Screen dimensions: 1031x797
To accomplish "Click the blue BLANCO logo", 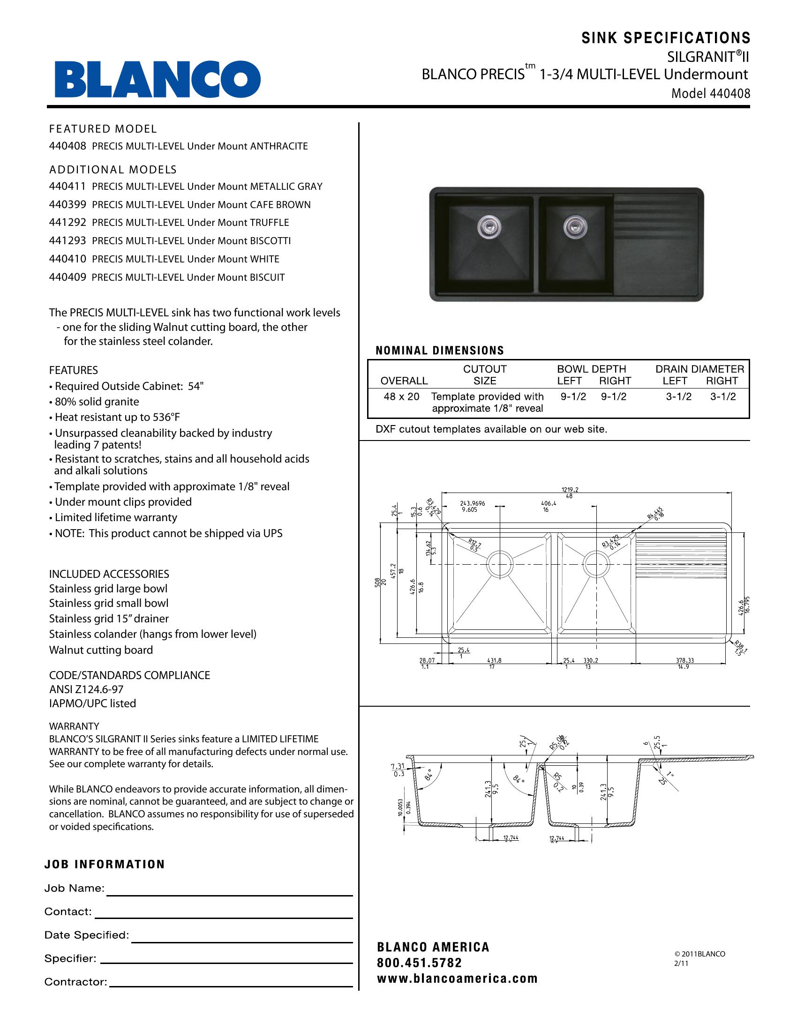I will pyautogui.click(x=157, y=79).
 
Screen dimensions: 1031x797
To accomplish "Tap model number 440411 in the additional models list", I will pyautogui.click(x=68, y=187).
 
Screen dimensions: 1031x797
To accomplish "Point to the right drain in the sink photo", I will pyautogui.click(x=574, y=227).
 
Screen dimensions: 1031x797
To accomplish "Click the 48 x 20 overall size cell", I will pyautogui.click(x=401, y=397).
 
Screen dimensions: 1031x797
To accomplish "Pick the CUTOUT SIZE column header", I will pyautogui.click(x=484, y=375).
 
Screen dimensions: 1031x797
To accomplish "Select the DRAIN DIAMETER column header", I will pyautogui.click(x=699, y=369).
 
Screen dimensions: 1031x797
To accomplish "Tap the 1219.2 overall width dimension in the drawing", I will pyautogui.click(x=570, y=490).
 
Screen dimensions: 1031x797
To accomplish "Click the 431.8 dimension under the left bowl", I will pyautogui.click(x=494, y=661).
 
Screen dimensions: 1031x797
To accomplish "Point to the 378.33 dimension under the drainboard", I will pyautogui.click(x=684, y=661).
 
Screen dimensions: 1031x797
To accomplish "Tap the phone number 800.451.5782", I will pyautogui.click(x=419, y=963).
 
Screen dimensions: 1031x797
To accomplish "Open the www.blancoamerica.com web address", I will pyautogui.click(x=457, y=979).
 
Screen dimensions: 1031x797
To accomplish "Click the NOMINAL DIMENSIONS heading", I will pyautogui.click(x=440, y=351).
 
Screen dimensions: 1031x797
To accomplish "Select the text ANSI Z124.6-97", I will pyautogui.click(x=86, y=690).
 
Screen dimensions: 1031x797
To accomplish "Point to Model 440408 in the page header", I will pyautogui.click(x=711, y=93).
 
